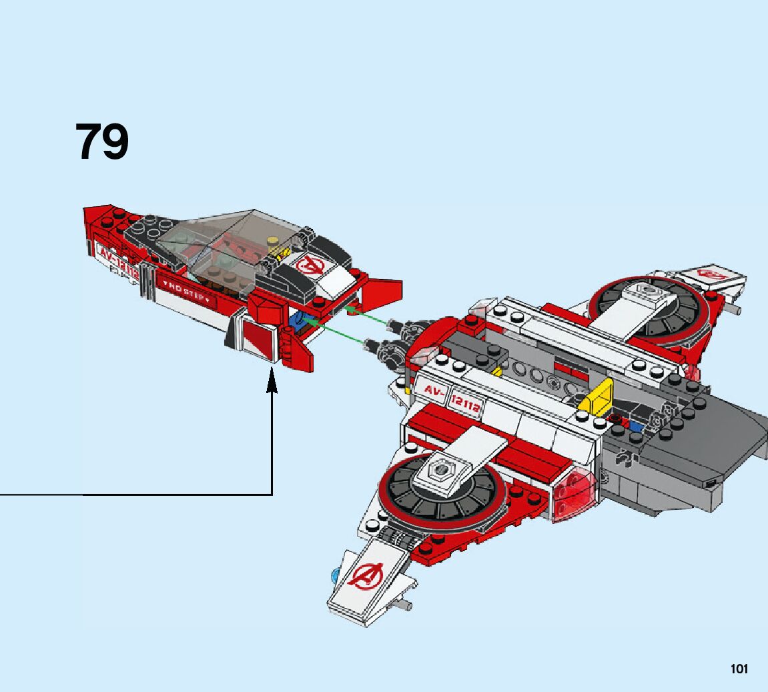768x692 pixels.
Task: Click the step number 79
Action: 102,141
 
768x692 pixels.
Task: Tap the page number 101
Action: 739,669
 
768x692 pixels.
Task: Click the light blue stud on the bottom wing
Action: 335,573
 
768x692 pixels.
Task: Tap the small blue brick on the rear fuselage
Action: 636,426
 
